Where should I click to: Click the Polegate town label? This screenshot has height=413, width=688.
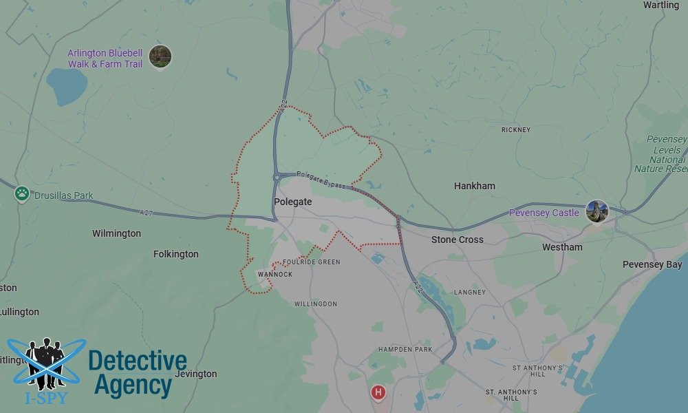(x=292, y=202)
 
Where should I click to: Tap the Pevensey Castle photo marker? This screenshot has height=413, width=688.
(x=596, y=211)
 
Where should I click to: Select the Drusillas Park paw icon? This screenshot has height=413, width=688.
(x=22, y=194)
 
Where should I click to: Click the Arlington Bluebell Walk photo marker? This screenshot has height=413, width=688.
(x=160, y=56)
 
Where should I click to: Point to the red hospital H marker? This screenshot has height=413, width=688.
(x=378, y=393)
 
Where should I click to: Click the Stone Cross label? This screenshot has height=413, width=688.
(x=457, y=240)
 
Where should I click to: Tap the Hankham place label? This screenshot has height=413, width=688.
(x=474, y=186)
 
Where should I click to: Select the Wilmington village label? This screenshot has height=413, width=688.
(x=116, y=233)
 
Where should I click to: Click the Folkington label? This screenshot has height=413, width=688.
(x=175, y=254)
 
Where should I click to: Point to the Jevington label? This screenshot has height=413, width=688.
(x=195, y=374)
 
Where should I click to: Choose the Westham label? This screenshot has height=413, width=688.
(x=561, y=247)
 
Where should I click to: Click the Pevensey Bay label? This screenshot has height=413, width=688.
(x=652, y=264)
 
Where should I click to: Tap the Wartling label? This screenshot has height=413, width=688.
(x=660, y=5)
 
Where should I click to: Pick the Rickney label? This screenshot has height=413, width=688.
(x=515, y=129)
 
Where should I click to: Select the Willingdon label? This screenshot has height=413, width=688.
(x=315, y=304)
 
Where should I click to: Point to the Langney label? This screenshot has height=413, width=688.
(x=469, y=292)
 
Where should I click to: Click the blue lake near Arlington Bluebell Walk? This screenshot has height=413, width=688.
(x=67, y=86)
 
